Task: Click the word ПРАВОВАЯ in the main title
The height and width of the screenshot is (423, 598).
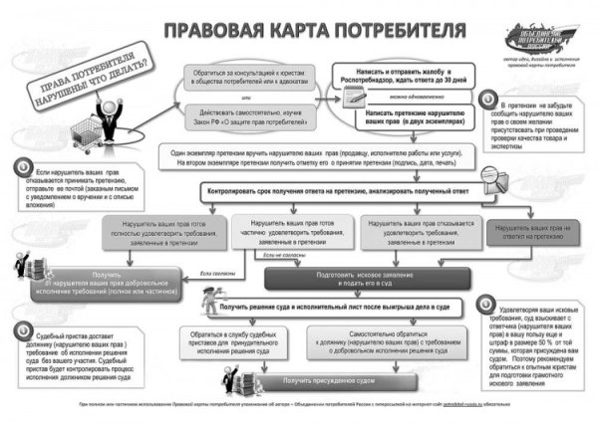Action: coord(207,29)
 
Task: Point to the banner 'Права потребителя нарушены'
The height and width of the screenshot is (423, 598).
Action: coord(85,85)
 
